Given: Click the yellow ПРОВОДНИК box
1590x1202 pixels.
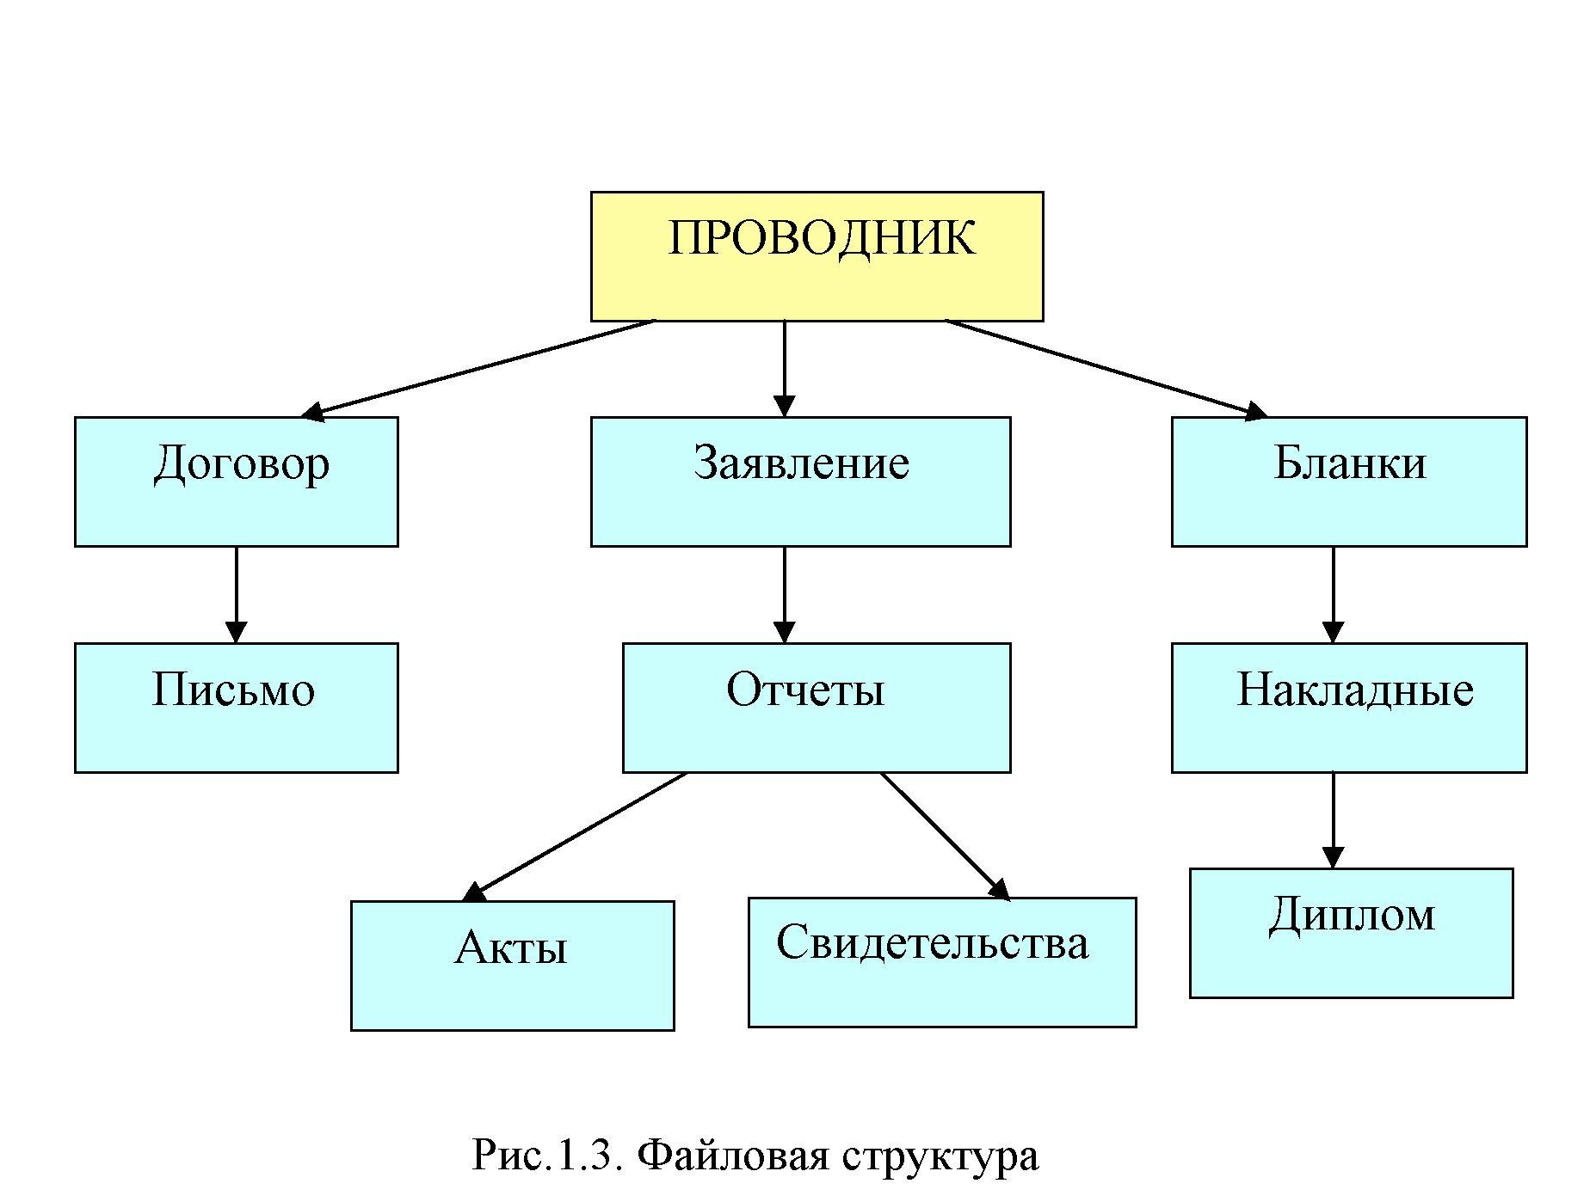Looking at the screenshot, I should click(817, 256).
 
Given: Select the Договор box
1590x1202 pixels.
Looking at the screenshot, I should click(236, 481).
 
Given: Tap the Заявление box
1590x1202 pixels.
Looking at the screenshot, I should click(800, 481).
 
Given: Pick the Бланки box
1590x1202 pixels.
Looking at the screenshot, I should click(1348, 481).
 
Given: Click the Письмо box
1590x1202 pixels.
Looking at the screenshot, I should click(236, 707).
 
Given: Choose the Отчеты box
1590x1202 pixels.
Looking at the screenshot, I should click(816, 707).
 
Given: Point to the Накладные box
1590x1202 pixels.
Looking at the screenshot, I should click(1348, 707).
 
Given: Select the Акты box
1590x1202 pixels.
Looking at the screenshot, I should click(512, 965).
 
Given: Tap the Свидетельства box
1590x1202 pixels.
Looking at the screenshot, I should click(941, 961).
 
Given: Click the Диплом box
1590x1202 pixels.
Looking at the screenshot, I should click(1350, 932).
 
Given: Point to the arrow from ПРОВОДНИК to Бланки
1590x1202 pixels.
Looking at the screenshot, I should click(1106, 369).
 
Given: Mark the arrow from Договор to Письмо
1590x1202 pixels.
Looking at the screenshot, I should click(236, 594).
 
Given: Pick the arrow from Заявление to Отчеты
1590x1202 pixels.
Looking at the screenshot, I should click(784, 594).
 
